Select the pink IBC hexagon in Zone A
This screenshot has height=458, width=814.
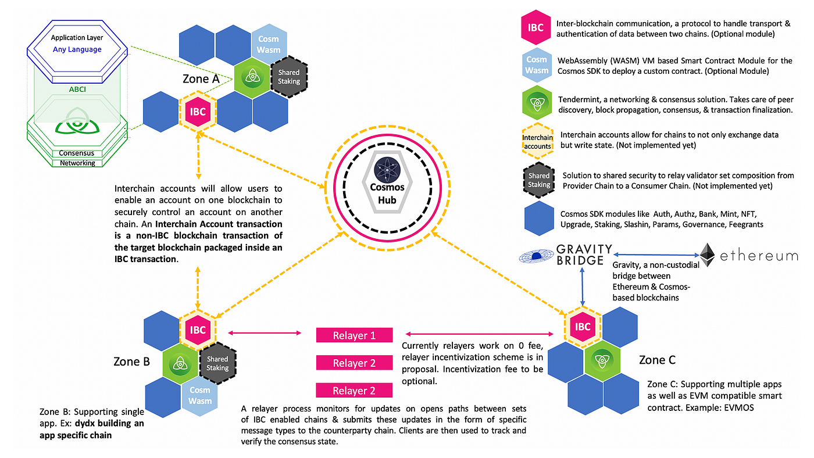pyautogui.click(x=198, y=111)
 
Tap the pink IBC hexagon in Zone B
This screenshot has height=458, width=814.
pyautogui.click(x=198, y=330)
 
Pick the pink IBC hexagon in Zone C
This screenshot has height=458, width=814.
pyautogui.click(x=583, y=327)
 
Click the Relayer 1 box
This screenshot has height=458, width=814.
pyautogui.click(x=354, y=335)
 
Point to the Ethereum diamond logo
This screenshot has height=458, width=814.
pyautogui.click(x=707, y=255)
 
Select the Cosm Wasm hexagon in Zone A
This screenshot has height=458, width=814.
pyautogui.click(x=269, y=44)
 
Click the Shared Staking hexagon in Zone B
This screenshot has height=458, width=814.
pyautogui.click(x=217, y=363)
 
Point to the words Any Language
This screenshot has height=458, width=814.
pyautogui.click(x=77, y=49)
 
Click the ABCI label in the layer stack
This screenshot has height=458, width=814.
pyautogui.click(x=77, y=90)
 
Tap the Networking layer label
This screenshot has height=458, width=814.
pyautogui.click(x=77, y=163)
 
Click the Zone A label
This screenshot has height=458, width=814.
pyautogui.click(x=199, y=78)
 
